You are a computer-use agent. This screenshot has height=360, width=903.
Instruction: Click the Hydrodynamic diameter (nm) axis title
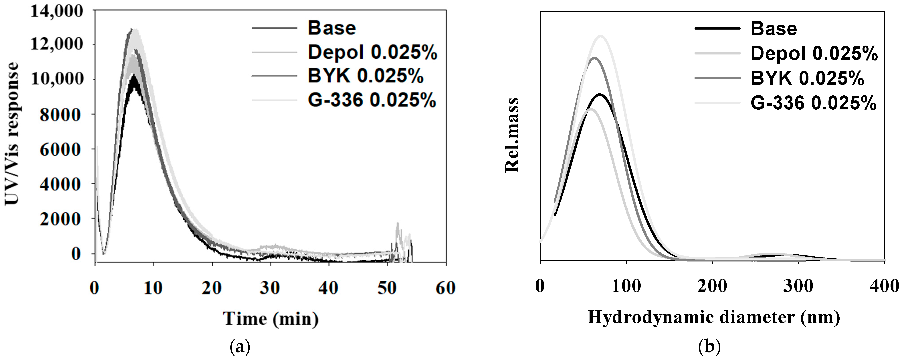714,318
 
